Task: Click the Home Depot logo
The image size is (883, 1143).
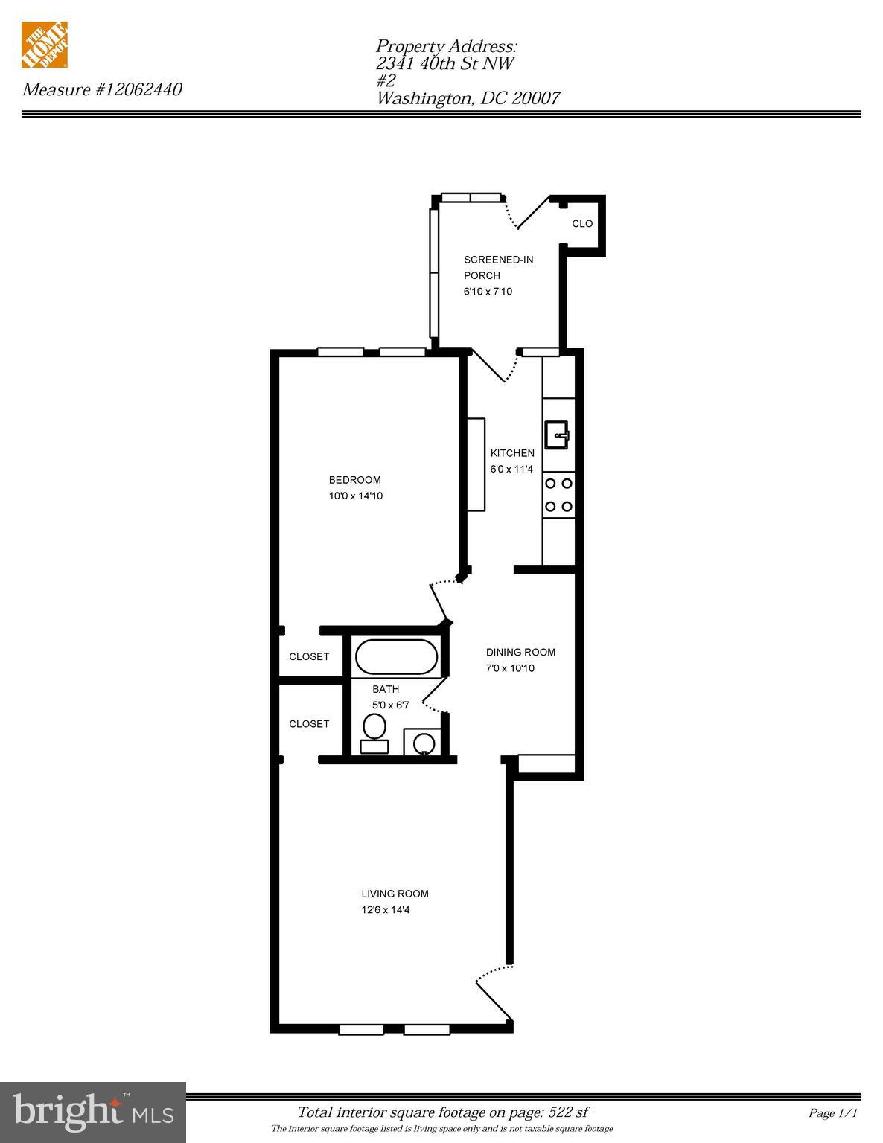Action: coord(45,45)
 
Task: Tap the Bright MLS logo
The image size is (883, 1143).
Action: coord(92,1112)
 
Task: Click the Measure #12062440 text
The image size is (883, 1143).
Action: coord(102,90)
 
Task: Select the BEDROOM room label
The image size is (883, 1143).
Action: coord(354,480)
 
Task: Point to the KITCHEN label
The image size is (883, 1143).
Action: coord(512,453)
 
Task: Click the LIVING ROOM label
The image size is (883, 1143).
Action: coord(395,894)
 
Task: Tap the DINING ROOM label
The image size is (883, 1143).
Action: coord(520,652)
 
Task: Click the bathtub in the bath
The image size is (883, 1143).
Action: coord(396,657)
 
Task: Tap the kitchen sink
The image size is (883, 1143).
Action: coord(556,435)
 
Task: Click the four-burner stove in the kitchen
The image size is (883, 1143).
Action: coord(558,495)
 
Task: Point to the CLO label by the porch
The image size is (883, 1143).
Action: coord(582,223)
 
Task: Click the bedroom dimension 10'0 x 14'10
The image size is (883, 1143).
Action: coord(356,496)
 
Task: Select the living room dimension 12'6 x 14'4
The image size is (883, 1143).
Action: coord(386,910)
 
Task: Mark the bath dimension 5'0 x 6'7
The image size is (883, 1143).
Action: coord(391,705)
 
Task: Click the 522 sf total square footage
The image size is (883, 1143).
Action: coord(568,1112)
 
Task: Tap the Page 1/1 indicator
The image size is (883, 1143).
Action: coord(833,1113)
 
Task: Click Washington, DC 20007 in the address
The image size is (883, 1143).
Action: coord(468,98)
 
